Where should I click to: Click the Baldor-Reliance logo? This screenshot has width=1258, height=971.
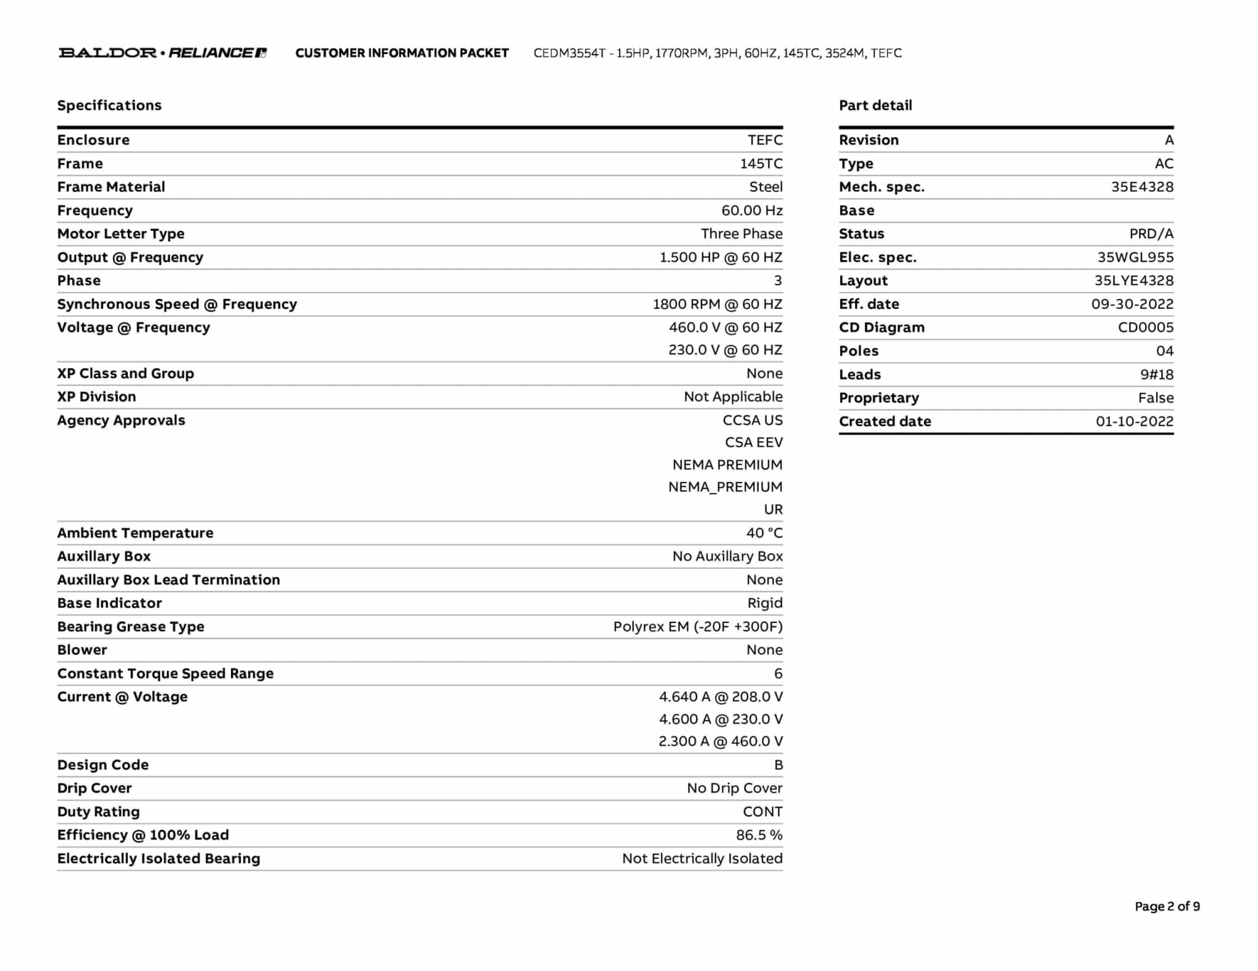click(162, 53)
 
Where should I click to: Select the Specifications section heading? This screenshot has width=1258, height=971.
click(109, 106)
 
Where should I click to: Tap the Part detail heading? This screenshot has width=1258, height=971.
click(875, 106)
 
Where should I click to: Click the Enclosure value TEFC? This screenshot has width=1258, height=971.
click(765, 140)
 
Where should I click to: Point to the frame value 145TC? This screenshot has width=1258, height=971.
click(761, 164)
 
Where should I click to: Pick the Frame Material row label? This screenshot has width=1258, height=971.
click(111, 187)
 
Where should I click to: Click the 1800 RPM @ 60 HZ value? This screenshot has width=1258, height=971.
click(717, 304)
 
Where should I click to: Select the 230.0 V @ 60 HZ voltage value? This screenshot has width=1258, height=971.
click(725, 350)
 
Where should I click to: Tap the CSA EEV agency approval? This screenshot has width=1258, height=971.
click(754, 443)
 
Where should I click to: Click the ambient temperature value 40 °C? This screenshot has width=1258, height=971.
click(764, 533)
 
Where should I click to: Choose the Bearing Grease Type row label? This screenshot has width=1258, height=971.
click(131, 627)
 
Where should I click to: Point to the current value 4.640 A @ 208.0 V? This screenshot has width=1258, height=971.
click(721, 697)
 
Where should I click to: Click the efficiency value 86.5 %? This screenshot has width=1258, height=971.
click(759, 835)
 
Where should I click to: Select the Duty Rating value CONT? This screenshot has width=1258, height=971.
click(762, 812)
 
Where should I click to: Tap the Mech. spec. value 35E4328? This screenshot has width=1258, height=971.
click(1142, 187)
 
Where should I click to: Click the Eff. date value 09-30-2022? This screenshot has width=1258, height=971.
click(1132, 304)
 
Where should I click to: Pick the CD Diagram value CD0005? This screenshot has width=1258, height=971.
click(1146, 328)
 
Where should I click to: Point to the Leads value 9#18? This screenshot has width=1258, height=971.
click(1157, 374)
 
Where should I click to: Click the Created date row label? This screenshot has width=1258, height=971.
click(885, 422)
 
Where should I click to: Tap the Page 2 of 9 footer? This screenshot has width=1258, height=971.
click(1167, 907)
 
